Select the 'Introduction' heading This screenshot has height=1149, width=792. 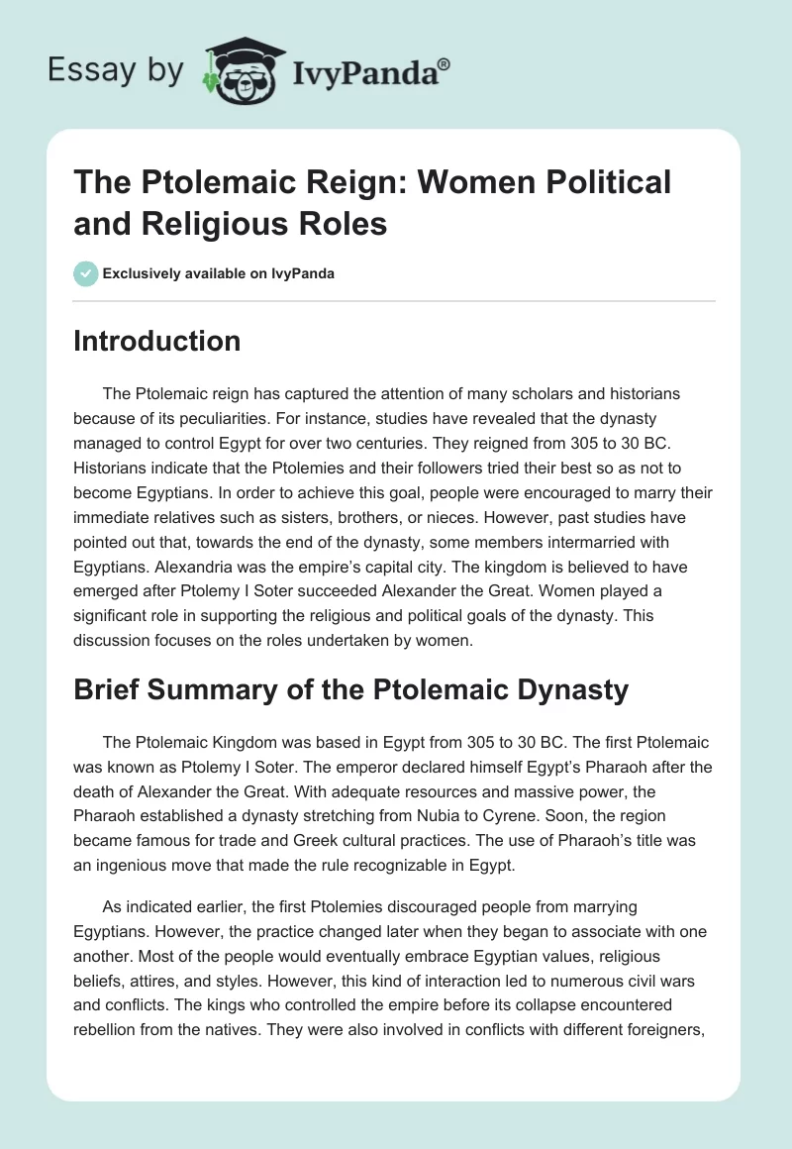coord(157,342)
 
